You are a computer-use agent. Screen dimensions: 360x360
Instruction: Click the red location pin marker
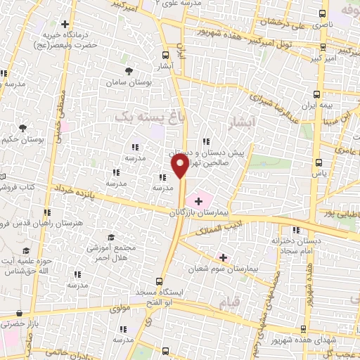(x=180, y=167)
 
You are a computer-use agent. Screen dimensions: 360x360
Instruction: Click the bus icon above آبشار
(x=165, y=53)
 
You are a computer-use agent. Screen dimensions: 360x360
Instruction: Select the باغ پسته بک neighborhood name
(x=143, y=119)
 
